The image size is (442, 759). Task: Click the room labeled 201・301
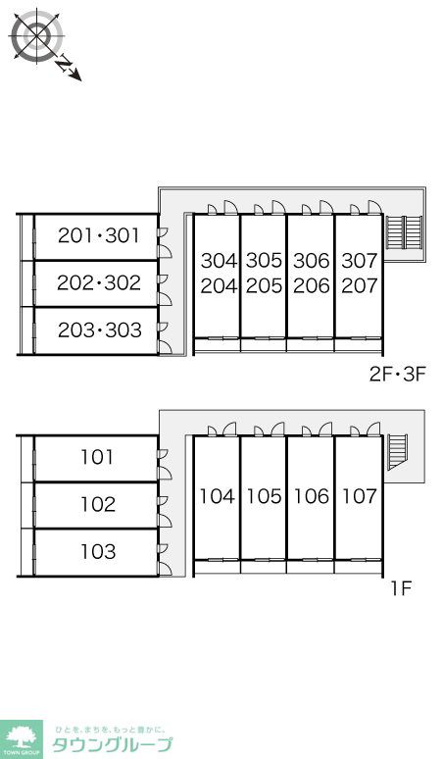coord(99,235)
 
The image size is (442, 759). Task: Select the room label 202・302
coord(99,282)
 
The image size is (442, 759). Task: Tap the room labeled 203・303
coord(100,330)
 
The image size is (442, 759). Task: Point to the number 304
coord(220,261)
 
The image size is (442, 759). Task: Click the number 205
coord(264,286)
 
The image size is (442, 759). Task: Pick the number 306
coord(312,261)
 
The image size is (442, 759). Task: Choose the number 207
coord(360,286)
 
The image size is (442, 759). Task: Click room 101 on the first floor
coord(97,457)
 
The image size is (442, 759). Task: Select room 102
coord(98,504)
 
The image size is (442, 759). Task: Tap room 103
coord(98,551)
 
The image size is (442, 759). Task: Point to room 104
coord(218,496)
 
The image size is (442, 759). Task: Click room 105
coord(265,496)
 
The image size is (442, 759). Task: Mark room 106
coord(312,496)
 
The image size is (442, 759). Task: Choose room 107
coord(360,496)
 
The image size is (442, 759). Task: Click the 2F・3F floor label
coord(397,375)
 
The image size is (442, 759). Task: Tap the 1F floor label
coord(401,588)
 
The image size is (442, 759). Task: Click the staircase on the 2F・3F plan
coord(404,231)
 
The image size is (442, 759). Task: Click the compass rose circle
coord(37,36)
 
